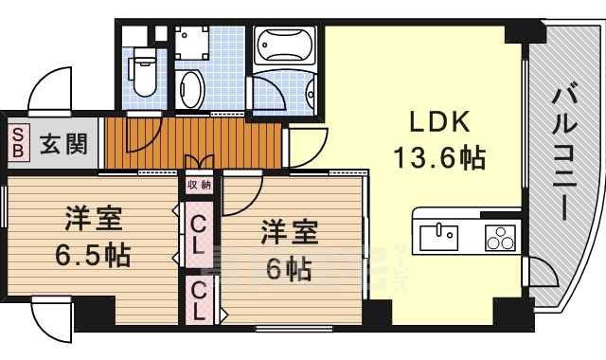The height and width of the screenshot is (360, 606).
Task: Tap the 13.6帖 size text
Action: click(435, 158)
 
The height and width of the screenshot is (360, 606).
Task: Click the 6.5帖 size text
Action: click(92, 254)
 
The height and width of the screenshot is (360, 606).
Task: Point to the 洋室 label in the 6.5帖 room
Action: click(92, 218)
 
